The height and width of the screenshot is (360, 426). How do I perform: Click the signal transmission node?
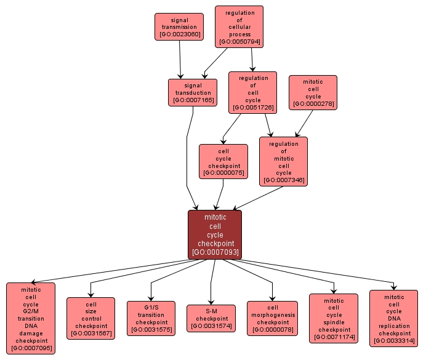coord(179,26)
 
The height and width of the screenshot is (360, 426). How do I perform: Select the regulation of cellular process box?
coord(239,26)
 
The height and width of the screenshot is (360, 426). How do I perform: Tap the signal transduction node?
coord(193,92)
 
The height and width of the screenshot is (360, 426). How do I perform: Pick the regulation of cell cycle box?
coord(252,92)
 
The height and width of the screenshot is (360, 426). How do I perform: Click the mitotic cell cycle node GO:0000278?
coord(313,92)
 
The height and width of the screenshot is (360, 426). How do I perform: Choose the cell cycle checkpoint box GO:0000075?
coord(223,162)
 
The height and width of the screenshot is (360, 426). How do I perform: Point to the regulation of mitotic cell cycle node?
coord(283,161)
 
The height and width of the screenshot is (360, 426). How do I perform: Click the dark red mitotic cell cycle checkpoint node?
coord(215,234)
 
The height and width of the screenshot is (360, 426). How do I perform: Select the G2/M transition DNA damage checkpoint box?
coord(31,318)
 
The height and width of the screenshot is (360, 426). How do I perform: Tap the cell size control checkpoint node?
coord(90,318)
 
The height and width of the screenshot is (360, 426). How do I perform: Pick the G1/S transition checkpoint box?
coord(151,318)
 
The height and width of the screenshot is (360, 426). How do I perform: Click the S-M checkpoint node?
coord(211,318)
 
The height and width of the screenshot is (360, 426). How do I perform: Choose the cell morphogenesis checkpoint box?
coord(272,318)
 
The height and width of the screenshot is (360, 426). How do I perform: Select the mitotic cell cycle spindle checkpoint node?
coord(334,318)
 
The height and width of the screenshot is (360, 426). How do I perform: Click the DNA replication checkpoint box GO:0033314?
coord(394,318)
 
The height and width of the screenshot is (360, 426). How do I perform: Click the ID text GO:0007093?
coord(215,252)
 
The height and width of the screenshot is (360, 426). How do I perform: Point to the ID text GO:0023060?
coord(179,34)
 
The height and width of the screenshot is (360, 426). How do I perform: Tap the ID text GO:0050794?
coord(239,42)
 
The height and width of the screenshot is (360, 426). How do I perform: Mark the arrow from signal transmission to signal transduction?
coord(180,60)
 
